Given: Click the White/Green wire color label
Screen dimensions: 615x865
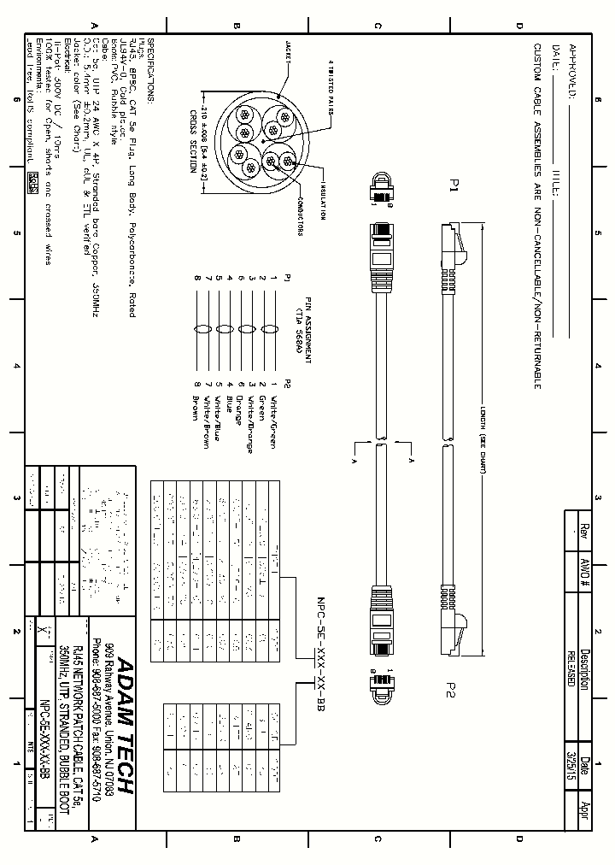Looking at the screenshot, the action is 274,413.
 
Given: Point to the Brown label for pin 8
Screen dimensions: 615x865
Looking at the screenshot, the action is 196,406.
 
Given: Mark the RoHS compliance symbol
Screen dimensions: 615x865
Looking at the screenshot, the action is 33,181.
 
